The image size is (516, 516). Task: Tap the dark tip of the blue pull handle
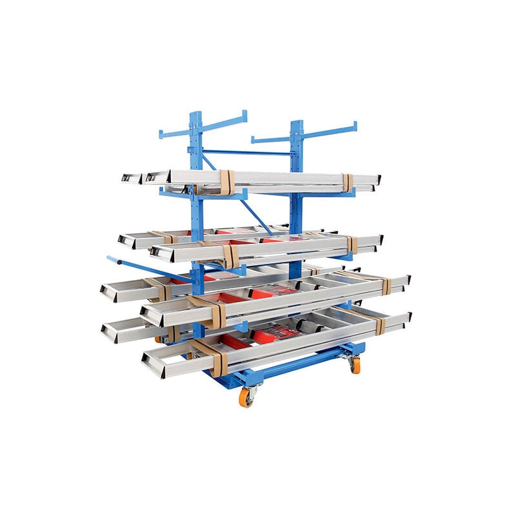pyautogui.click(x=110, y=259)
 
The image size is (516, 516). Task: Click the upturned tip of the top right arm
pyautogui.click(x=354, y=125)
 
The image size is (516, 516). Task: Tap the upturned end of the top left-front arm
pyautogui.click(x=244, y=115)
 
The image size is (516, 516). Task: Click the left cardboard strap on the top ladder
pyautogui.click(x=226, y=182)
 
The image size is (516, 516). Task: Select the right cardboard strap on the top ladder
pyautogui.click(x=348, y=183)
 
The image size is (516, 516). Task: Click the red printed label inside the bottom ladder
pyautogui.click(x=274, y=333)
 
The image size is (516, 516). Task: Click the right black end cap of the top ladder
pyautogui.click(x=378, y=179)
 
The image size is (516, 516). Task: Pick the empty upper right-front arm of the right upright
pyautogui.click(x=329, y=132)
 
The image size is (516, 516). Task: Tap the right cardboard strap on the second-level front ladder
pyautogui.click(x=352, y=244)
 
